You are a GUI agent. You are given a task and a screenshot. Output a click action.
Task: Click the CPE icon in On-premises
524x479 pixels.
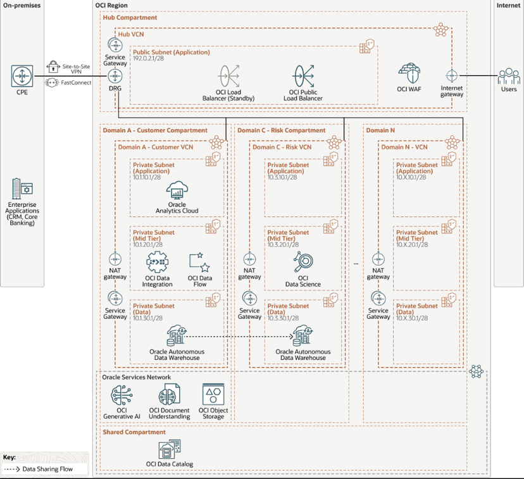click(22, 77)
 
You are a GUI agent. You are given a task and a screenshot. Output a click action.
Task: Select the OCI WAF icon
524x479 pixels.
click(409, 72)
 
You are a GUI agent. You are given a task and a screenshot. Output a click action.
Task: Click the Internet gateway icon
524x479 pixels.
click(451, 76)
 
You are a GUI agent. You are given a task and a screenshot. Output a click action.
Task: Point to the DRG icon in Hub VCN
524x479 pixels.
click(115, 76)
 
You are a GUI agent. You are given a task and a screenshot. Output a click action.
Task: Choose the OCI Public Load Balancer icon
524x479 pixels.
click(302, 77)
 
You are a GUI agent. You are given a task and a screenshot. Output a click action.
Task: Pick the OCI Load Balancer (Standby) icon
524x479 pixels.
click(228, 77)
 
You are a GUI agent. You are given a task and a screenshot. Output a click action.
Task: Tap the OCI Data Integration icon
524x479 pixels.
click(158, 262)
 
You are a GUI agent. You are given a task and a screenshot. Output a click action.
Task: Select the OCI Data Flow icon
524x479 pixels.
click(200, 261)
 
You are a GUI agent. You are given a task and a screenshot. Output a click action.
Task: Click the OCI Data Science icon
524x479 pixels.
click(303, 262)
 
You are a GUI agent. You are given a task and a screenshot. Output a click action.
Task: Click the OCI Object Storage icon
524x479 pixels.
click(213, 394)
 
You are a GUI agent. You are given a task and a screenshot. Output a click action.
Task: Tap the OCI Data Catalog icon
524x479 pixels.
click(170, 449)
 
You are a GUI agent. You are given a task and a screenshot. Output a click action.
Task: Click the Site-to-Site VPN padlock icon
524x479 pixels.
click(54, 66)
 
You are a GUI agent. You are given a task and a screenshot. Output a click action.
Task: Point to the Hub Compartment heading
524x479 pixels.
click(130, 18)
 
